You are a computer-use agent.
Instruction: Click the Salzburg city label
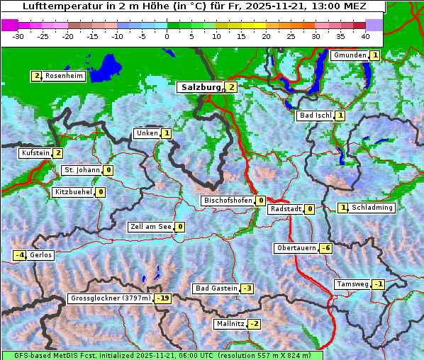pyautogui.click(x=201, y=87)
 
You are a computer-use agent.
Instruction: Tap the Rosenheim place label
pyautogui.click(x=64, y=76)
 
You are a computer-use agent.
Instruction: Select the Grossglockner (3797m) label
pyautogui.click(x=111, y=298)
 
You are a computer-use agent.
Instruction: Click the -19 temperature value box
pyautogui.click(x=163, y=298)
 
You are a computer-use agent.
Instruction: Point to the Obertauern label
pyautogui.click(x=296, y=248)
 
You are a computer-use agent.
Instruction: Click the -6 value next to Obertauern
pyautogui.click(x=325, y=248)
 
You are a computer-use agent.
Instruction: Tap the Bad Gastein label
pyautogui.click(x=216, y=288)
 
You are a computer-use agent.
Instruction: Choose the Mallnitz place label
pyautogui.click(x=230, y=324)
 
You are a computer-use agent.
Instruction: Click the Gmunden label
pyautogui.click(x=350, y=55)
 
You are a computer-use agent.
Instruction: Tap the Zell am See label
pyautogui.click(x=150, y=227)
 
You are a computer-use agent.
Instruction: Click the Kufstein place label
pyautogui.click(x=35, y=153)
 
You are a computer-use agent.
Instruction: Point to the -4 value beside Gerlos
pyautogui.click(x=20, y=255)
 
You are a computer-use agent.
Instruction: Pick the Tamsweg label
pyautogui.click(x=352, y=284)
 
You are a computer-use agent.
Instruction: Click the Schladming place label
pyautogui.click(x=372, y=208)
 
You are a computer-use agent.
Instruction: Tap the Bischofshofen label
pyautogui.click(x=228, y=201)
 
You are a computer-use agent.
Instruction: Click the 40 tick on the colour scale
pyautogui.click(x=365, y=35)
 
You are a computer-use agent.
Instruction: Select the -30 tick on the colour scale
pyautogui.click(x=19, y=35)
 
